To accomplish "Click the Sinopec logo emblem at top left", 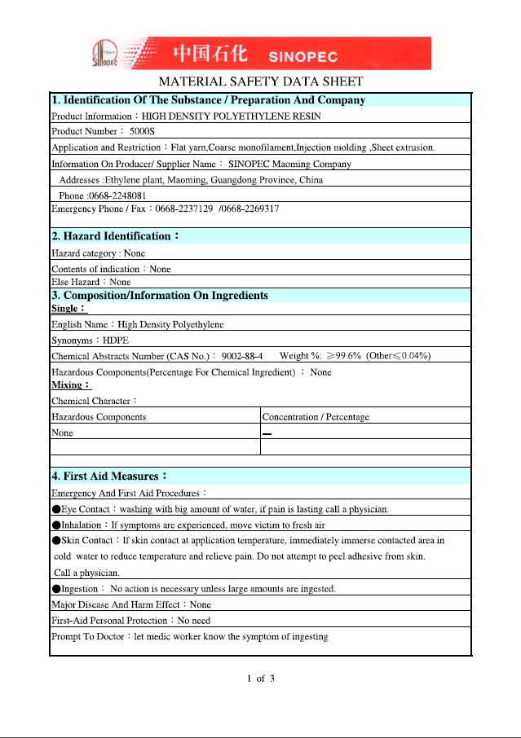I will tap(105, 54).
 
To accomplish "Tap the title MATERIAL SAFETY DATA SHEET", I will tap(260, 81).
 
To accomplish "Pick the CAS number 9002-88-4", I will tap(241, 356).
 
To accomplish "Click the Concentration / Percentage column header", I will tap(316, 417).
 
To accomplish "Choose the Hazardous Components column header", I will tap(99, 417).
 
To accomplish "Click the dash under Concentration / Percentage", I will tap(267, 433).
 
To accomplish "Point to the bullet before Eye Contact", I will tap(55, 508).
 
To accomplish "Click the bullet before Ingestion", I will tap(55, 588).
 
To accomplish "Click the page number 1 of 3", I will tap(261, 679).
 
